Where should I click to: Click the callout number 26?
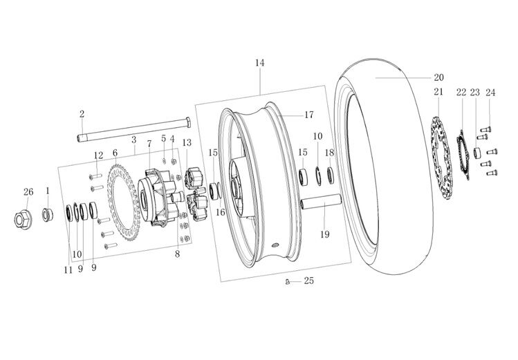coord(28,191)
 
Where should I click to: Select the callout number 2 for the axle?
coord(82,114)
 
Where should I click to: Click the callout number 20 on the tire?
coord(438,78)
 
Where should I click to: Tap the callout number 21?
coord(438,92)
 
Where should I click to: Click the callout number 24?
coord(490,93)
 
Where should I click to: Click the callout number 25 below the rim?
coord(308,282)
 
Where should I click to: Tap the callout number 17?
coord(308,115)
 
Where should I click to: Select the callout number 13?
coord(187,142)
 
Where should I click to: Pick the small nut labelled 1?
coord(46,214)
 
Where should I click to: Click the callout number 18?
coord(329,152)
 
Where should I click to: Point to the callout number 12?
coord(98,155)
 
